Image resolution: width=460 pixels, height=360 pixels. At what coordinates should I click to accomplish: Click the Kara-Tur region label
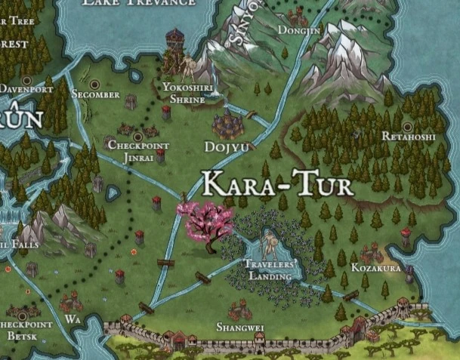[x=279, y=184]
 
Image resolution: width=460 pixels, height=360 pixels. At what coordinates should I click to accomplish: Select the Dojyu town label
[x=226, y=146]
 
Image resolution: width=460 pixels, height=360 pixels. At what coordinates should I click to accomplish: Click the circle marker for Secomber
[x=96, y=82]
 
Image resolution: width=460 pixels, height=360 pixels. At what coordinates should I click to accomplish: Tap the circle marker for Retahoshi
[x=408, y=126]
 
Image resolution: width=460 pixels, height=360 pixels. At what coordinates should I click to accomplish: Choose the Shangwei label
[x=239, y=327]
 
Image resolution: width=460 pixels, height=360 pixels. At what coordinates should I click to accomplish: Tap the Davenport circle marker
[x=27, y=79]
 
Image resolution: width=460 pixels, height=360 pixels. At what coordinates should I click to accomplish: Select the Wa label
[x=73, y=319]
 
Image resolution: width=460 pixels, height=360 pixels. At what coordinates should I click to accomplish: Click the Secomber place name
[x=95, y=94]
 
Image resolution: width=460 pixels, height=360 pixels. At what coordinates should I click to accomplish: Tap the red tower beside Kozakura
[x=406, y=240]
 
